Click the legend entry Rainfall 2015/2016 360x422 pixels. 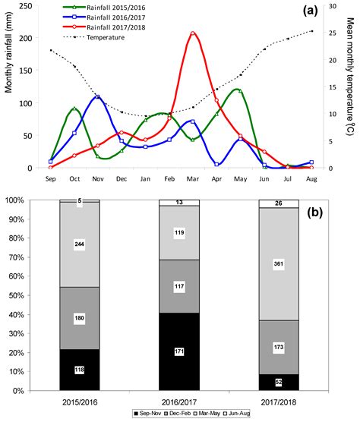(106, 7)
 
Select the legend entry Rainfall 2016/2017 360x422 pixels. (106, 17)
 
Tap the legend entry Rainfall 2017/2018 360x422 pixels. (106, 27)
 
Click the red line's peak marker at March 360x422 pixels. (193, 33)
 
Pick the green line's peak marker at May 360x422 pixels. (240, 90)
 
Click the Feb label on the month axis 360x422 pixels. (169, 180)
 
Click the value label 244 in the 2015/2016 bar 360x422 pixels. (78, 245)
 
